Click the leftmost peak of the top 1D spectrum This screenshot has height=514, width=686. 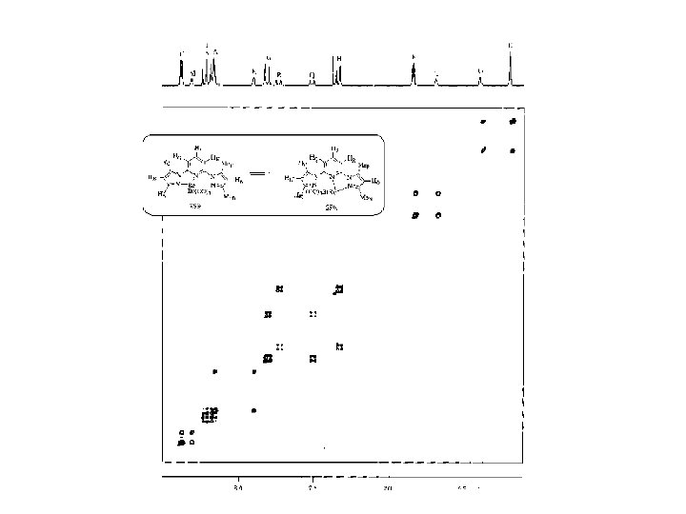coord(181,67)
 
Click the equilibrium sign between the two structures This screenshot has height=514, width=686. coord(256,174)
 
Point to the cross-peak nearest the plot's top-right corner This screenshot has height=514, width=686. coord(513,122)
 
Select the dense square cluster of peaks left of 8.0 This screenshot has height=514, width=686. coord(209,414)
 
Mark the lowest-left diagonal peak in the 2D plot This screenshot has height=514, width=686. coord(181,443)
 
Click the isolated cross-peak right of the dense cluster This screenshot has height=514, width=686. coord(253,410)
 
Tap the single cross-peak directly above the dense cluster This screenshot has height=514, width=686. coord(215,371)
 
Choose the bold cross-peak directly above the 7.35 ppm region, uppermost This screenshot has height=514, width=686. coord(339,289)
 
